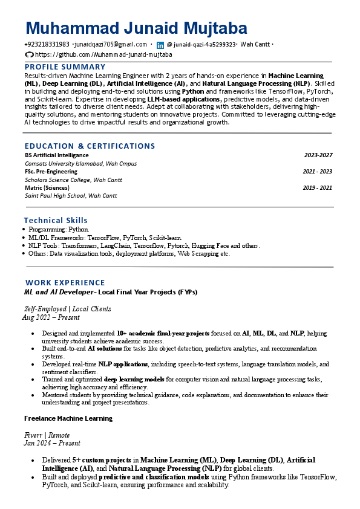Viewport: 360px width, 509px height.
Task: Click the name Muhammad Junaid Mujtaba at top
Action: pyautogui.click(x=137, y=28)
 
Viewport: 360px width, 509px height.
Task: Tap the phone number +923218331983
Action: pyautogui.click(x=47, y=45)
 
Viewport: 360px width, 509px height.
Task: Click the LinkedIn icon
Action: pyautogui.click(x=160, y=45)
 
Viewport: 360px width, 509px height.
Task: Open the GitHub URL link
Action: pyautogui.click(x=103, y=54)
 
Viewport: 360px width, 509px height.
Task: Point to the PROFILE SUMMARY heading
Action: pyautogui.click(x=65, y=66)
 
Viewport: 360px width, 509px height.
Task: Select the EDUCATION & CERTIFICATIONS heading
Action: pyautogui.click(x=90, y=146)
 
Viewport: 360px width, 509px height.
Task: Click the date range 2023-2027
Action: pyautogui.click(x=318, y=155)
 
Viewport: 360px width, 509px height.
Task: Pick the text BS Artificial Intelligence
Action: pyautogui.click(x=57, y=155)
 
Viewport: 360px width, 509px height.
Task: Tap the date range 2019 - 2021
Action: pyautogui.click(x=318, y=187)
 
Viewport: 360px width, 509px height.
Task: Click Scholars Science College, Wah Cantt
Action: pyautogui.click(x=73, y=180)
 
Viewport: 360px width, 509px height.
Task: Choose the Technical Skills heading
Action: pyautogui.click(x=56, y=221)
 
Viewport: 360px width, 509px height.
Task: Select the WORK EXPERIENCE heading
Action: pyautogui.click(x=65, y=282)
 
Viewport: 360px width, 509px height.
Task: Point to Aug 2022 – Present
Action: pyautogui.click(x=51, y=317)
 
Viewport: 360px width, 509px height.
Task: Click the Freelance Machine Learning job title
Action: pyautogui.click(x=68, y=418)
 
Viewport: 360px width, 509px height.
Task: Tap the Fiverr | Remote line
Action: pyautogui.click(x=47, y=435)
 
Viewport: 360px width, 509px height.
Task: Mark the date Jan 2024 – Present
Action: pyautogui.click(x=51, y=443)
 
